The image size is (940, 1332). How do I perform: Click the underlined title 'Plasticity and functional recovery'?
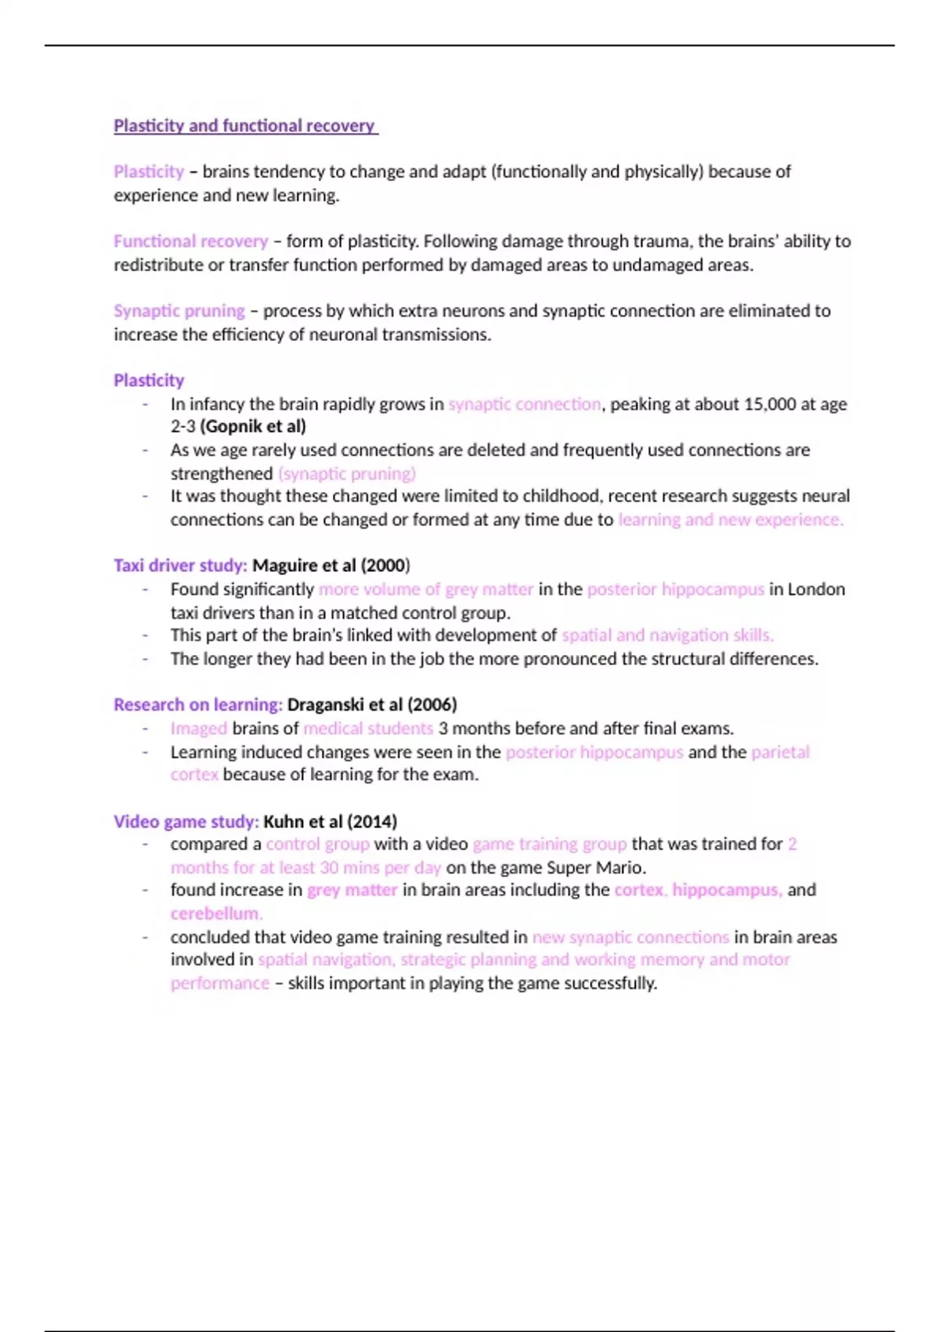(x=244, y=125)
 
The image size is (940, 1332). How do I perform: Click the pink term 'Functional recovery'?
(x=190, y=241)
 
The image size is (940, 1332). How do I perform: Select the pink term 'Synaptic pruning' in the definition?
(x=179, y=311)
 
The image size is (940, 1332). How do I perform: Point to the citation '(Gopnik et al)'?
(x=253, y=426)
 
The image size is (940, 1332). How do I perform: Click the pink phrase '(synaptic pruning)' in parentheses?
(x=347, y=473)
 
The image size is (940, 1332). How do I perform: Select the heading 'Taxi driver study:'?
(x=180, y=566)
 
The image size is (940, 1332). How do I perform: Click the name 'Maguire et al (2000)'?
(x=331, y=566)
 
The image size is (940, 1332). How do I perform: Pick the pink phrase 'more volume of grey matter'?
(x=425, y=589)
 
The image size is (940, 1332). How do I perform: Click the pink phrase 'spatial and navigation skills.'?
(x=667, y=635)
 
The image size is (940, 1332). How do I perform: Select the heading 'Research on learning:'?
(x=197, y=705)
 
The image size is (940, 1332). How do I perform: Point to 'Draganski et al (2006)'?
(x=372, y=705)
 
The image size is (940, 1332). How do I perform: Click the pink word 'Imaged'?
(x=198, y=729)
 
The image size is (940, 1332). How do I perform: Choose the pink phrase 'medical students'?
(x=368, y=729)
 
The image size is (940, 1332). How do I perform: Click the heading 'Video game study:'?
(x=186, y=822)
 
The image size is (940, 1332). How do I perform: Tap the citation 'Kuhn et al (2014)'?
(x=330, y=822)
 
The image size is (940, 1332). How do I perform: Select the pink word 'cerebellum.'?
(x=216, y=914)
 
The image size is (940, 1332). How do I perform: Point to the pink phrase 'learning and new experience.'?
(x=730, y=519)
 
